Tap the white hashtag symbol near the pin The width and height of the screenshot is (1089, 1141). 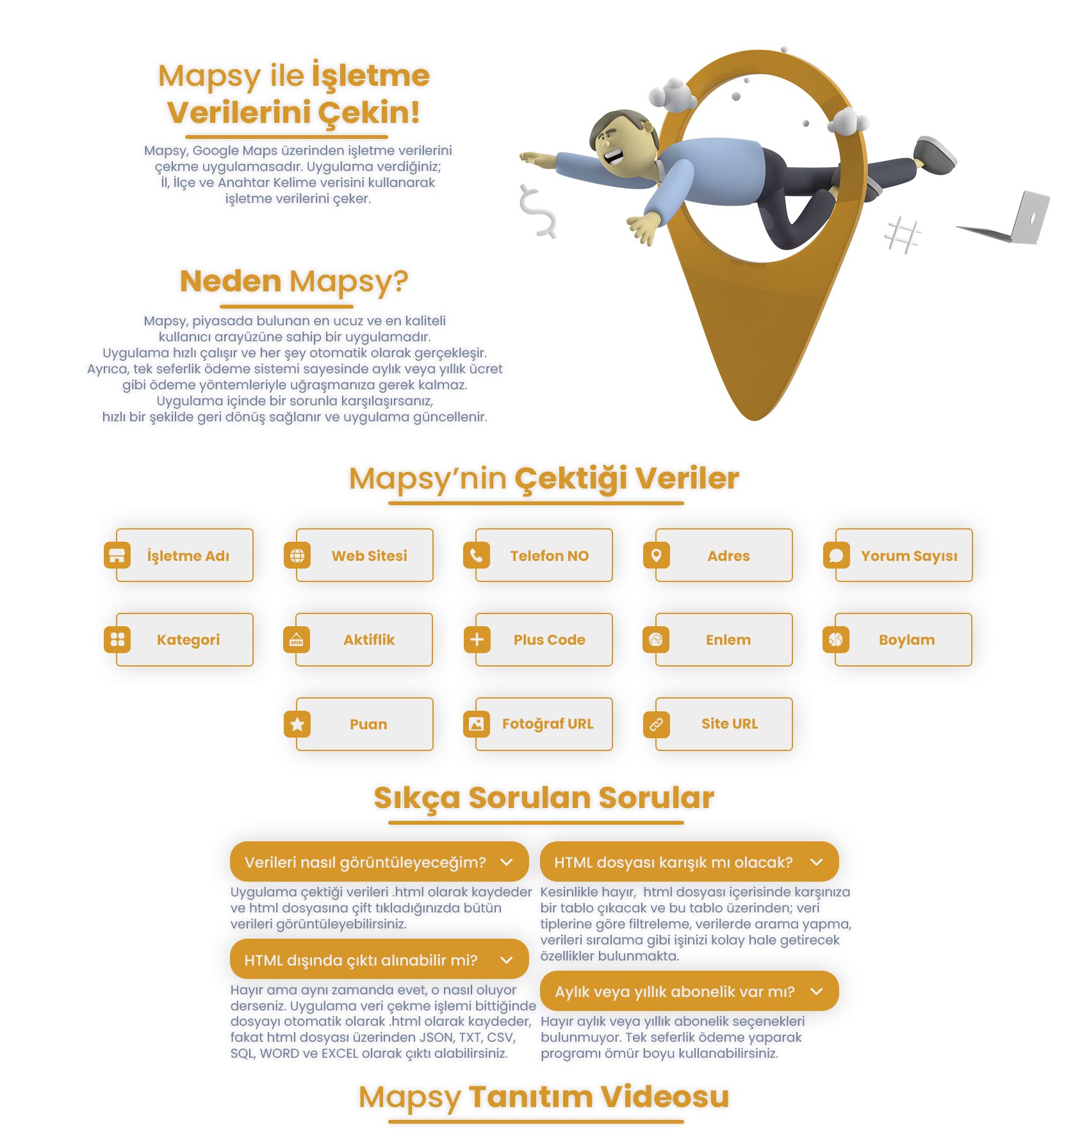click(x=903, y=235)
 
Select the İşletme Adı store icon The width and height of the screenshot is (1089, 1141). click(x=117, y=555)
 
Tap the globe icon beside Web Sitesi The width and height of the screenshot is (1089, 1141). click(x=297, y=555)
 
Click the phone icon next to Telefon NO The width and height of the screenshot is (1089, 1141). click(x=477, y=555)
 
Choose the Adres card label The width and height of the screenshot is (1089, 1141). click(x=728, y=556)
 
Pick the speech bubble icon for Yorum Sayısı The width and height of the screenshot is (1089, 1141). click(x=837, y=555)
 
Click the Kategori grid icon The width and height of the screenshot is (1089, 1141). click(x=117, y=639)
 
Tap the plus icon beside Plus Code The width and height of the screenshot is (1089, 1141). click(x=477, y=639)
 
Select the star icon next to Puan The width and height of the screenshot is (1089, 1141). click(x=297, y=724)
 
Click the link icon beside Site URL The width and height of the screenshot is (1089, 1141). click(x=657, y=724)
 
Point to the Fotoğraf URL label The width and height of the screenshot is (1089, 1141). click(x=548, y=724)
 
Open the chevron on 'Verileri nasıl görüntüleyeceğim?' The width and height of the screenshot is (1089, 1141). click(x=507, y=862)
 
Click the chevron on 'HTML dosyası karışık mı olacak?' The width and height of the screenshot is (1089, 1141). click(x=817, y=862)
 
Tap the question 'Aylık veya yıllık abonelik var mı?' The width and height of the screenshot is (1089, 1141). click(x=675, y=992)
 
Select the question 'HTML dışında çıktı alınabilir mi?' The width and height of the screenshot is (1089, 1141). click(x=361, y=960)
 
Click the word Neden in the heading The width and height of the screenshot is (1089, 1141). click(x=231, y=281)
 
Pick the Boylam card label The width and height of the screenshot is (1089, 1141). click(x=907, y=640)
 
